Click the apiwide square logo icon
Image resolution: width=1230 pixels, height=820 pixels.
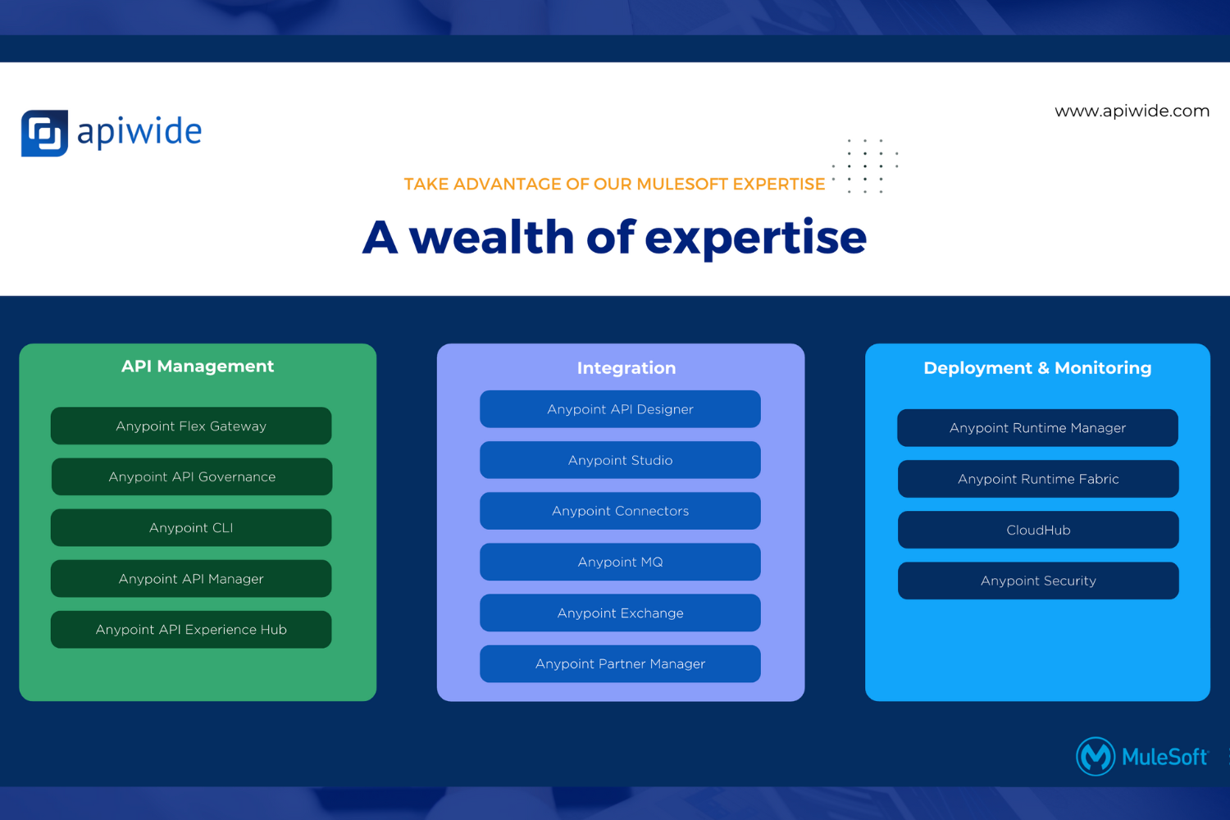(44, 133)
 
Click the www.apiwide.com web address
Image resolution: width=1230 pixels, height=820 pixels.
(1132, 112)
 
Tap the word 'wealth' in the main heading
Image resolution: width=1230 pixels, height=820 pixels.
(492, 237)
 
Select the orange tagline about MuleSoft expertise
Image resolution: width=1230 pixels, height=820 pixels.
(614, 184)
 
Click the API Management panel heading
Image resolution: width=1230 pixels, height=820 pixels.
(198, 367)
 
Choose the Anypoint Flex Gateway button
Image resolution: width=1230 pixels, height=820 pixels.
(191, 426)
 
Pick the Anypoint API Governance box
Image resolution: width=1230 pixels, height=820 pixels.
(192, 476)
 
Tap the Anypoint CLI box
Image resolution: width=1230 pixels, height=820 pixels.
(191, 528)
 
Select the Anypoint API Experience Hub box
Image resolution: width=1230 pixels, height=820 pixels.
(191, 630)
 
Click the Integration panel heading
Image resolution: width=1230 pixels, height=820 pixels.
(626, 368)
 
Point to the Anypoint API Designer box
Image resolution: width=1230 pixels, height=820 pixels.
(621, 409)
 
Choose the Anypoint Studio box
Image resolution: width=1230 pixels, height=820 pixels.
(621, 460)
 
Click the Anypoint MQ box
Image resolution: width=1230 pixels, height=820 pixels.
(621, 562)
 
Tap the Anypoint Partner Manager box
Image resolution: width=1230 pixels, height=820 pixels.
(621, 663)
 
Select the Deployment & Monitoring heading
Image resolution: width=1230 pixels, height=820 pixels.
(1037, 368)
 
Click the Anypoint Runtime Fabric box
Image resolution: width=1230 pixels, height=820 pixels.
(1038, 479)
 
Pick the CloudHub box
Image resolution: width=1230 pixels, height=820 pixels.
(1038, 530)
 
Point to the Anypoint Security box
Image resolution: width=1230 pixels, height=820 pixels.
(1038, 581)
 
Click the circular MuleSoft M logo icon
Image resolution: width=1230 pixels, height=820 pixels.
(1096, 756)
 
